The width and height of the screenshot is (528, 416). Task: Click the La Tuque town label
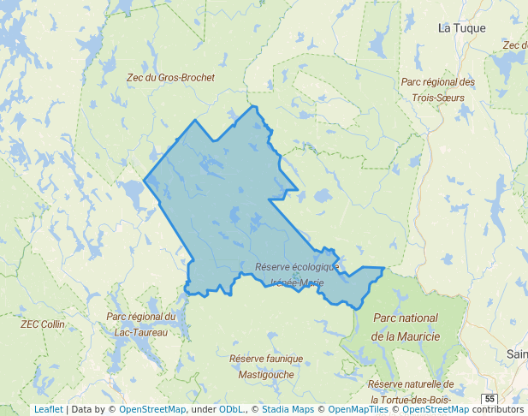(461, 28)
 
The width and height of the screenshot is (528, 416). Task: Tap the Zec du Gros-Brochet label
(170, 77)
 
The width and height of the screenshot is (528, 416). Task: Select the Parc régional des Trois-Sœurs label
(437, 90)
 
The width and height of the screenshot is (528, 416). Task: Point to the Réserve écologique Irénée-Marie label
(297, 275)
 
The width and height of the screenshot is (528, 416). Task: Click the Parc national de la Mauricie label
(405, 327)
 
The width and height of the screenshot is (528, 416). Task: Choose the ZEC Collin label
(42, 324)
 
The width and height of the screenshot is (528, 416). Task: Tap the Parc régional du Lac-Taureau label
(140, 324)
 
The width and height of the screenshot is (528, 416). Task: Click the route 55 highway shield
(489, 399)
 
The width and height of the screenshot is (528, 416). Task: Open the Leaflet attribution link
(48, 410)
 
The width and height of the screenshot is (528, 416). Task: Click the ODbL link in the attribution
(230, 410)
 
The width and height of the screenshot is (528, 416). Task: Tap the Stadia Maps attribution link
(287, 410)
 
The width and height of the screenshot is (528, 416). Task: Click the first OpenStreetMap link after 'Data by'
(151, 410)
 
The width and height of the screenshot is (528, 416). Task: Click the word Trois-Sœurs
(437, 98)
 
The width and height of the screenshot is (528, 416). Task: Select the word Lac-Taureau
(140, 332)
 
